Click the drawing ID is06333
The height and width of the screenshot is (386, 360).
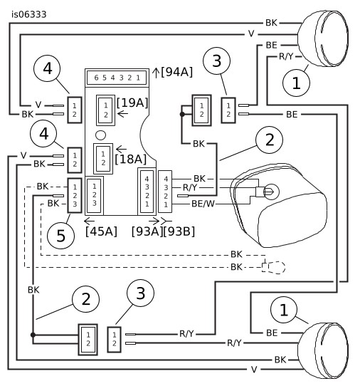point(29,15)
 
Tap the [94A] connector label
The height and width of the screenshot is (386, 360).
point(177,72)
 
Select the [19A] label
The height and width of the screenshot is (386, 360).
point(132,103)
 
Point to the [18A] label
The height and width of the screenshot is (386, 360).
point(131,159)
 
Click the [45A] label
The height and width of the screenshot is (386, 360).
point(101,231)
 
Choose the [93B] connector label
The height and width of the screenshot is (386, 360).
point(179,231)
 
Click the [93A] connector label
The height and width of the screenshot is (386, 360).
point(147,231)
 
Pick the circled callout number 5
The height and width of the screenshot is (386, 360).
point(60,236)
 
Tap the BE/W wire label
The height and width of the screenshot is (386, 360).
point(203,204)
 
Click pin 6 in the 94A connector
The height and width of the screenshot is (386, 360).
point(96,78)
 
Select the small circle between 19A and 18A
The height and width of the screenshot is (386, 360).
point(100,135)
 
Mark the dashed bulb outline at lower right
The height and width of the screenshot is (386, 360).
point(274,267)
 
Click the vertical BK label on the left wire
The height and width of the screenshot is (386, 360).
point(33,290)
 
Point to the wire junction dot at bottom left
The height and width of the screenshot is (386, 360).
point(33,335)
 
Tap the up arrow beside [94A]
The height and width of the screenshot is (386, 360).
point(156,73)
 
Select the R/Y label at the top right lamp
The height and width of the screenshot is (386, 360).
point(286,57)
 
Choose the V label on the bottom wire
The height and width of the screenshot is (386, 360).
point(254,369)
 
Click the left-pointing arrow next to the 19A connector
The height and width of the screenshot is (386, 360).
point(122,114)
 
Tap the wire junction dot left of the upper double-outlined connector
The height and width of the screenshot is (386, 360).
point(182,114)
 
